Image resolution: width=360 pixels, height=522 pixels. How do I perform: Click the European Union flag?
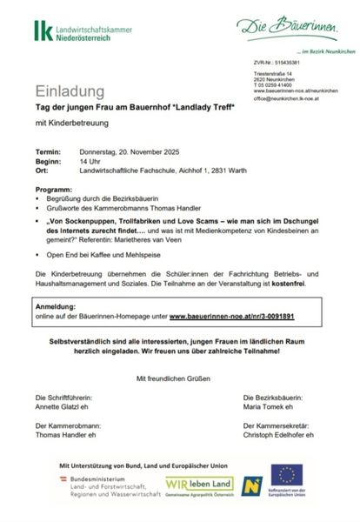coord(287,475)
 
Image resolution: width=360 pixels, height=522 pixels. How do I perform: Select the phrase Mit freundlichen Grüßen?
coord(178,378)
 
